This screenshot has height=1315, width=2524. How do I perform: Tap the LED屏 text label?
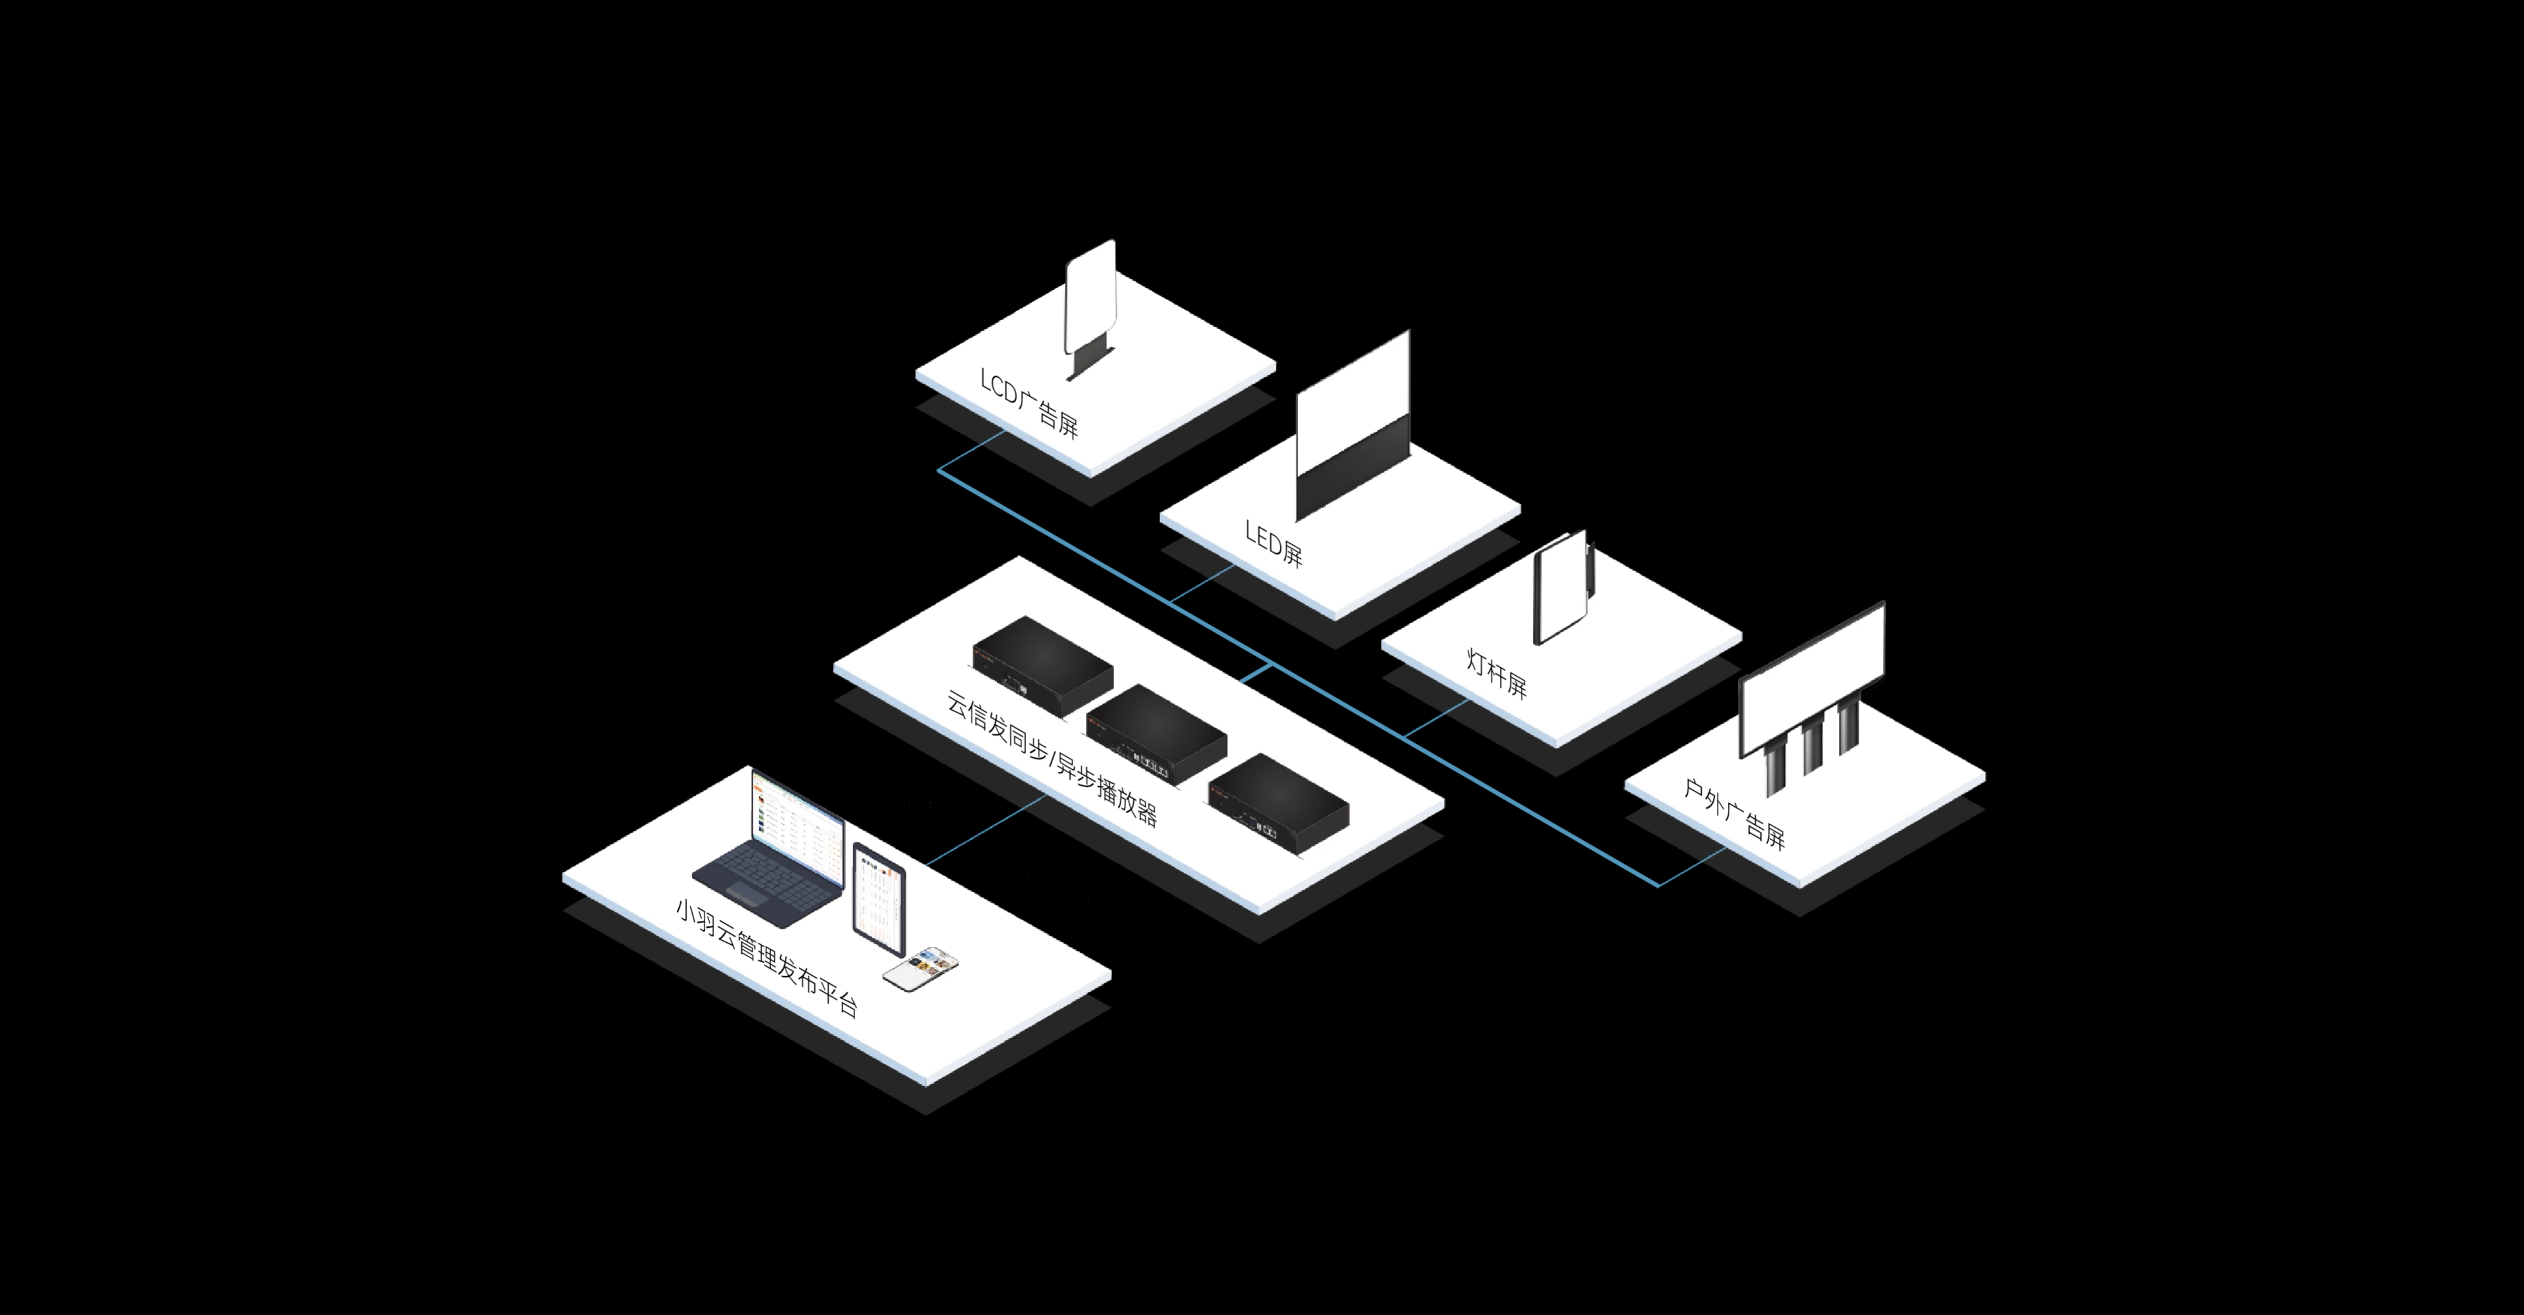click(1274, 543)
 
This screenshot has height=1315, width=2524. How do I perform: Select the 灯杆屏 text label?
click(1496, 673)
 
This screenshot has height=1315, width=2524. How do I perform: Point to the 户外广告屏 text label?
click(1735, 813)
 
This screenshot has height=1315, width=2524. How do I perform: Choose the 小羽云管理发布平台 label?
click(767, 957)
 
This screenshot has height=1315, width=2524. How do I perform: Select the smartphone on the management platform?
click(921, 968)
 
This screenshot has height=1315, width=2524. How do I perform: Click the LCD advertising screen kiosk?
click(1090, 308)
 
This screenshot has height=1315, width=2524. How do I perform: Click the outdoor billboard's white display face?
click(1811, 678)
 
